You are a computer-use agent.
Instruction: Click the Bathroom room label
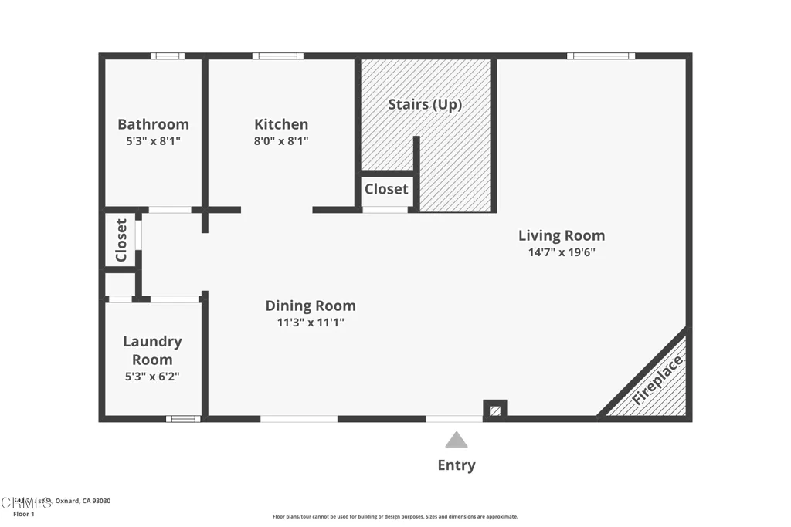[x=153, y=124]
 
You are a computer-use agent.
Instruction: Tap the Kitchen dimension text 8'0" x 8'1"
[x=281, y=141]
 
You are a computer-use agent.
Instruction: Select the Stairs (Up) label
[x=425, y=104]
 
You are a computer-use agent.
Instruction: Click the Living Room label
[x=562, y=235]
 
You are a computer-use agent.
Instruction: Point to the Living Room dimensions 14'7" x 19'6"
[x=562, y=252]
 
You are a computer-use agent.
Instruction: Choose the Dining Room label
[x=311, y=306]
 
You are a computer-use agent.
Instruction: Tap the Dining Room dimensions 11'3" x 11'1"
[x=311, y=323]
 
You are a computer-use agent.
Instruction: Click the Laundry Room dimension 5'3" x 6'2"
[x=153, y=377]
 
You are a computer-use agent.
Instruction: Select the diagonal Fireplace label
[x=657, y=380]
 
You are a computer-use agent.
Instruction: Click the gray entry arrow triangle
[x=457, y=441]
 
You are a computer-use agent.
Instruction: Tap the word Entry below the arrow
[x=457, y=465]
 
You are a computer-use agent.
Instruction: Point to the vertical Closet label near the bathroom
[x=121, y=241]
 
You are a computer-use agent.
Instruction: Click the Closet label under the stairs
[x=386, y=189]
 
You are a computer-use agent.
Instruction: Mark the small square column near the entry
[x=494, y=409]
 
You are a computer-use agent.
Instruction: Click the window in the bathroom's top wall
[x=168, y=56]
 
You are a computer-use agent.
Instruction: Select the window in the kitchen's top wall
[x=277, y=56]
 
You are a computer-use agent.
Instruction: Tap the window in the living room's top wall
[x=600, y=56]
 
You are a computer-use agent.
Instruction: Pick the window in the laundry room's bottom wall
[x=183, y=419]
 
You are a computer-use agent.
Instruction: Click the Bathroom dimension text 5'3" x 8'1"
[x=153, y=141]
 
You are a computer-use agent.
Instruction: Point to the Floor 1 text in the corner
[x=24, y=514]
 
